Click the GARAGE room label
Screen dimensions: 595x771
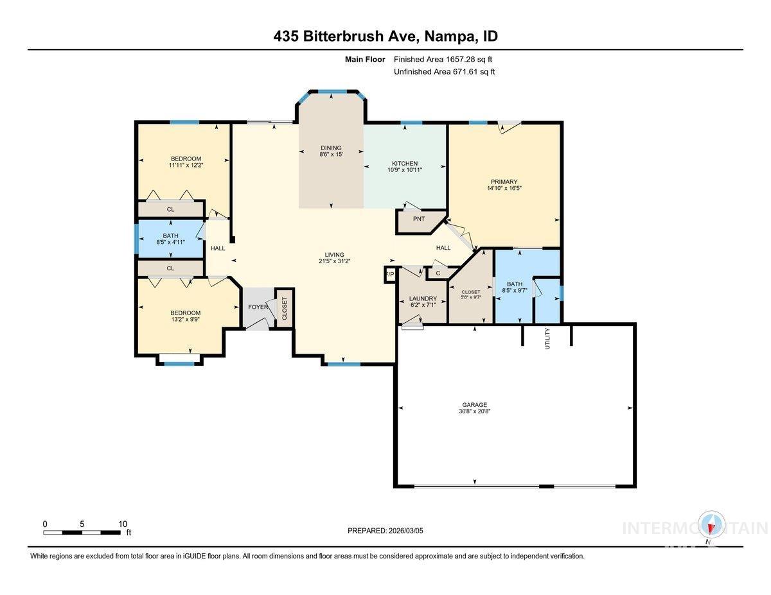pos(474,404)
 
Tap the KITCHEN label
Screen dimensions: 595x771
pos(405,163)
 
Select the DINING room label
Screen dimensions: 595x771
pos(332,148)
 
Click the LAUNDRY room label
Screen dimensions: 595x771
pos(423,298)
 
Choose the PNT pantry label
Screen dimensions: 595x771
pos(419,219)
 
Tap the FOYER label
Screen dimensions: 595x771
pos(258,307)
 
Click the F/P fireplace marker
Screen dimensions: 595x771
pos(389,275)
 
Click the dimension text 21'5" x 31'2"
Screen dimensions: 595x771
pos(334,261)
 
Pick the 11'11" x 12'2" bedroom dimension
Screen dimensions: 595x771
pos(186,166)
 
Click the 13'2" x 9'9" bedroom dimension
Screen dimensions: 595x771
pos(185,320)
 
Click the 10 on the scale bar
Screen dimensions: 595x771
pos(122,523)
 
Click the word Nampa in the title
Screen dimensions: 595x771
pos(448,37)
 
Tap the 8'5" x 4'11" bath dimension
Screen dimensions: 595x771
pos(170,242)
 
